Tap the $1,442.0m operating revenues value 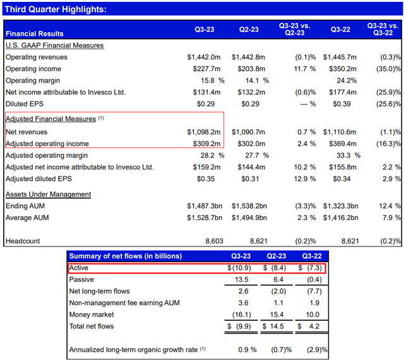coord(205,57)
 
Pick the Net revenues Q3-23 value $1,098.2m coord(205,132)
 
